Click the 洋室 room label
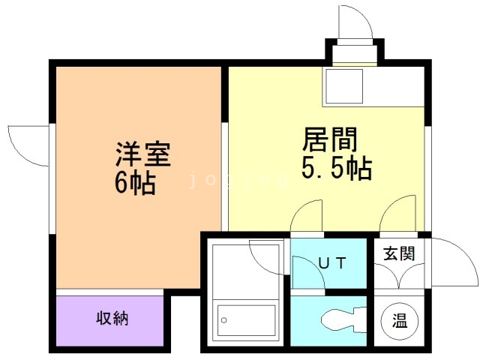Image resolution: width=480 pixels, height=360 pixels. point(143,154)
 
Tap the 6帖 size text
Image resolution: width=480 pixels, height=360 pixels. point(135,182)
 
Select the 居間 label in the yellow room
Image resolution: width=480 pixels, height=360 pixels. point(329,140)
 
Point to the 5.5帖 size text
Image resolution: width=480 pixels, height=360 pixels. point(337,169)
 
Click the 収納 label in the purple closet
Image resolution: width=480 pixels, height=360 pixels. point(112,318)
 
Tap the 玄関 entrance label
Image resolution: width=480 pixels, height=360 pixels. point(397,253)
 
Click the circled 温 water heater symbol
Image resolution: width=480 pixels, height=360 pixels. point(397,321)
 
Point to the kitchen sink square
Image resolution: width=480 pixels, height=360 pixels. point(343,86)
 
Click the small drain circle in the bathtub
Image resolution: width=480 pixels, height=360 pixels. point(223,320)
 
